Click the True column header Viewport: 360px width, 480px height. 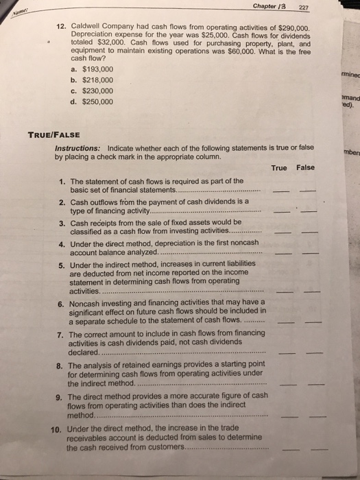click(279, 168)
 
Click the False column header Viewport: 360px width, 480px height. click(305, 168)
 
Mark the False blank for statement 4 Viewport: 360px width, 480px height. click(311, 254)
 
